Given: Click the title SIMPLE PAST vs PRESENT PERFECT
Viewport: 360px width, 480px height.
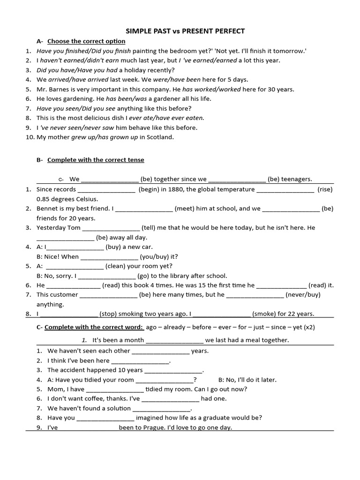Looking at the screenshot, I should pyautogui.click(x=185, y=31).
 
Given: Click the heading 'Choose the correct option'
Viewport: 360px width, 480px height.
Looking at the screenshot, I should pyautogui.click(x=86, y=41).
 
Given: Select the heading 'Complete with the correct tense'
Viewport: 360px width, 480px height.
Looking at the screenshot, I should pyautogui.click(x=96, y=160).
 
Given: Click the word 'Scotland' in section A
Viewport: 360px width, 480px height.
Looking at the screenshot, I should pyautogui.click(x=160, y=137).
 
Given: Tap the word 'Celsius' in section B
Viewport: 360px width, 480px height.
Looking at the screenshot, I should pyautogui.click(x=86, y=199).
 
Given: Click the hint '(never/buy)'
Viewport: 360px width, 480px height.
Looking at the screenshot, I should pyautogui.click(x=304, y=295).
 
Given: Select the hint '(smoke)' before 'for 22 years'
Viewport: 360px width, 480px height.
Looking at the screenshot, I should pyautogui.click(x=264, y=314).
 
